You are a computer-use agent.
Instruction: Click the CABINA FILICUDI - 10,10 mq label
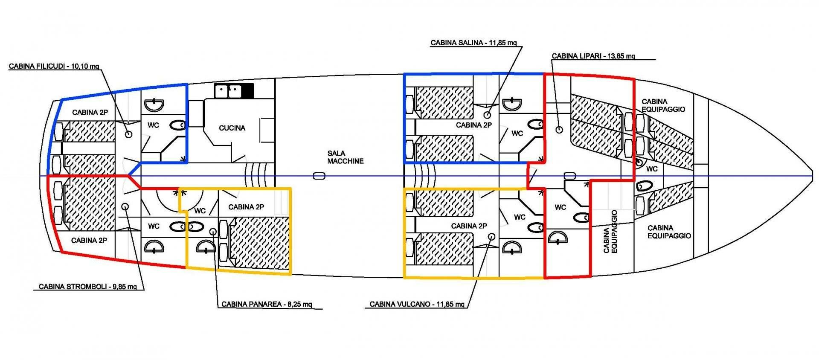tap(54, 66)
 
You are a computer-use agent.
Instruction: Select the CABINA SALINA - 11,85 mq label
tap(473, 43)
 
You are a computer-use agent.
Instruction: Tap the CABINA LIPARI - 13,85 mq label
tap(593, 56)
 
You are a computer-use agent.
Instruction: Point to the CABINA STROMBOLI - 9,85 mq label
tap(88, 287)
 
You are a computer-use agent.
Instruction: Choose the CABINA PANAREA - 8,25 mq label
tap(267, 304)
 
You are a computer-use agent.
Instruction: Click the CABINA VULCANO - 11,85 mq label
tap(417, 304)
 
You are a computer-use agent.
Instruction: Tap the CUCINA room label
tap(232, 128)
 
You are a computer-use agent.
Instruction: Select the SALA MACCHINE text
tap(346, 157)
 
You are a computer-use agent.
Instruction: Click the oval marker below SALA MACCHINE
tap(319, 176)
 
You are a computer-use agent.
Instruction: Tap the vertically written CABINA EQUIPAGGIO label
tap(610, 232)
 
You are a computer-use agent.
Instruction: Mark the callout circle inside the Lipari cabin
tap(559, 130)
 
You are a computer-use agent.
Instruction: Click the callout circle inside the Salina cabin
tap(487, 115)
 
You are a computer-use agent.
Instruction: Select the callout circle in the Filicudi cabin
tap(128, 134)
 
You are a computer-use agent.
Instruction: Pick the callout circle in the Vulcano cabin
tap(491, 236)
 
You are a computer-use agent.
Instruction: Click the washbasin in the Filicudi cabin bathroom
tap(154, 104)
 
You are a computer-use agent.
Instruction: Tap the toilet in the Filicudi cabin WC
tap(177, 125)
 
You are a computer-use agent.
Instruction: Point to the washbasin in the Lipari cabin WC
tap(557, 238)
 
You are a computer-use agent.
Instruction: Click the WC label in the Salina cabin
tap(517, 134)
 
